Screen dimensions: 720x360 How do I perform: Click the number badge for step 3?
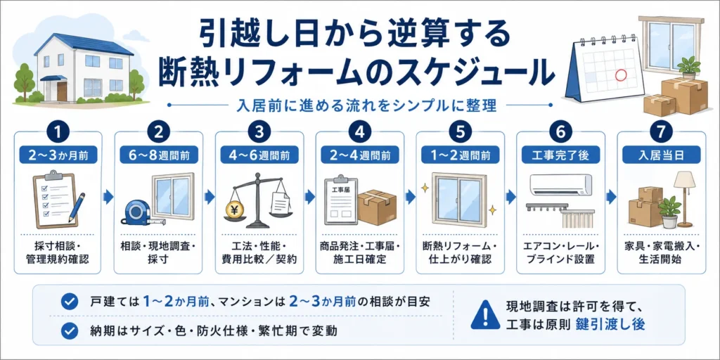pyautogui.click(x=259, y=132)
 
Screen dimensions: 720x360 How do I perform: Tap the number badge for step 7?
pyautogui.click(x=661, y=132)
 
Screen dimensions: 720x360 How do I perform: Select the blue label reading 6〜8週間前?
pyautogui.click(x=159, y=155)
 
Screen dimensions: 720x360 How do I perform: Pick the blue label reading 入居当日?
pyautogui.click(x=661, y=155)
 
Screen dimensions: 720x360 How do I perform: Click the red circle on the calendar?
pyautogui.click(x=621, y=75)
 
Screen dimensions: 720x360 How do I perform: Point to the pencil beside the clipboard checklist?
pyautogui.click(x=76, y=208)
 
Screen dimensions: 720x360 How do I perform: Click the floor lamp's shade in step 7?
pyautogui.click(x=684, y=179)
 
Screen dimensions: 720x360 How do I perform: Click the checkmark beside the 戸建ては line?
pyautogui.click(x=70, y=302)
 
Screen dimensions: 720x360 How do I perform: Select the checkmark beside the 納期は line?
pyautogui.click(x=70, y=330)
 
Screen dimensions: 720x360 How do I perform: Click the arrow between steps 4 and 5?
pyautogui.click(x=411, y=198)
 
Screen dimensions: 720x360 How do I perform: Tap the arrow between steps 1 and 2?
pyautogui.click(x=108, y=198)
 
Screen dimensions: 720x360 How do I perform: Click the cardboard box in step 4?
pyautogui.click(x=377, y=207)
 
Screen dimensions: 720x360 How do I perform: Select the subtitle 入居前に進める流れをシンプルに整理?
pyautogui.click(x=361, y=105)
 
